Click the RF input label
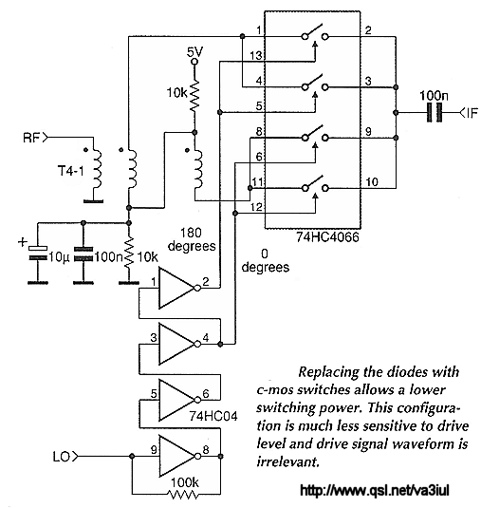[31, 138]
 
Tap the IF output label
[472, 113]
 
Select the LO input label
[61, 457]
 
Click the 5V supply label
[195, 52]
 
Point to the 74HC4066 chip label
[327, 237]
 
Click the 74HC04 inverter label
[213, 416]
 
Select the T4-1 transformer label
[71, 170]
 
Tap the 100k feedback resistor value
[184, 482]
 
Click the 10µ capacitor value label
[59, 257]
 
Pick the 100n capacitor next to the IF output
[435, 112]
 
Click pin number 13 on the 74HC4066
[256, 56]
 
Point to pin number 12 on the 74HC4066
[256, 207]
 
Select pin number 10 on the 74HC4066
[372, 181]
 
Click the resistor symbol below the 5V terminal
[194, 95]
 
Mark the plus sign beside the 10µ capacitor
[23, 242]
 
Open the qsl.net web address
[375, 491]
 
